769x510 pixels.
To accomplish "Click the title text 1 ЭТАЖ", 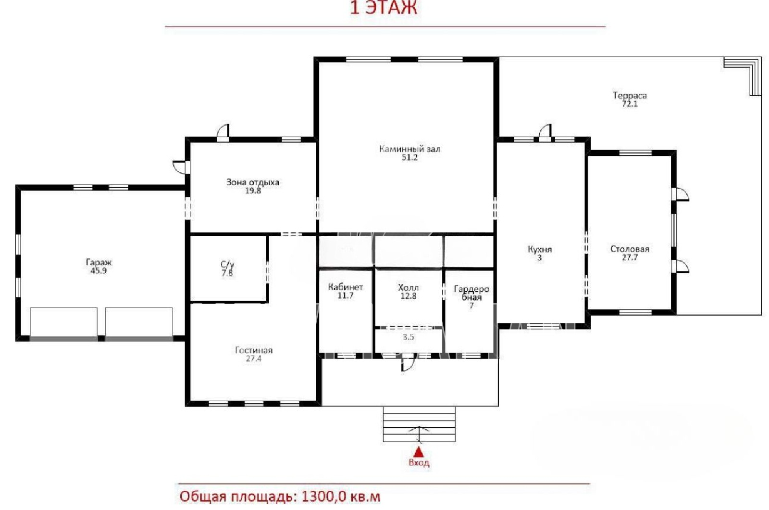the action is (x=384, y=8).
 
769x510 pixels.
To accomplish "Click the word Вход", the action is (x=419, y=462).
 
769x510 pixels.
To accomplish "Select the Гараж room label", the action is (x=99, y=262).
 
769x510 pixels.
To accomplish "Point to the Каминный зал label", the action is (x=409, y=149).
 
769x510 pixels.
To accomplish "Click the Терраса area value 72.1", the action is (x=630, y=104).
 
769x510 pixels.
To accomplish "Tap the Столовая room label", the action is (x=630, y=249).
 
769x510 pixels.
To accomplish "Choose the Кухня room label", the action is (x=539, y=249).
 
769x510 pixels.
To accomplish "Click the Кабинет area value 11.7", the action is (x=346, y=295).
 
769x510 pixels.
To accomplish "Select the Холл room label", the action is (x=408, y=287).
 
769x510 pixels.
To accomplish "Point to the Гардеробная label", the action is (x=471, y=293).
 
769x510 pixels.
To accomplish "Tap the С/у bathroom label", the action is (x=227, y=264).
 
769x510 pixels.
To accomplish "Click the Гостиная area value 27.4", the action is (x=253, y=359).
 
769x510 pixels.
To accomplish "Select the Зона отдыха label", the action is (x=253, y=182).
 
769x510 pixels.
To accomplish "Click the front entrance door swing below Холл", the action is (x=408, y=364).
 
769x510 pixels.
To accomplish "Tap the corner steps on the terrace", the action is (x=742, y=76).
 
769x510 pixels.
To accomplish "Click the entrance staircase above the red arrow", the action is (x=419, y=424).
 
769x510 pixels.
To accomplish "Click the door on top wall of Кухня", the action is (x=545, y=133).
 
